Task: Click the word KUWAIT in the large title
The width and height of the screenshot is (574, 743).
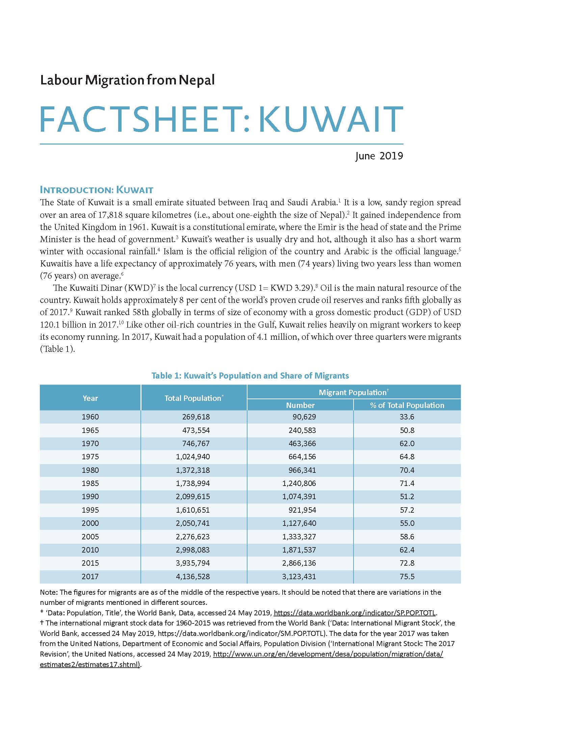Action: [331, 119]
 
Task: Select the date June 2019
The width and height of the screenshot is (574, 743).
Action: [379, 156]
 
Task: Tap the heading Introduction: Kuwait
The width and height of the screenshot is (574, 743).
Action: [97, 189]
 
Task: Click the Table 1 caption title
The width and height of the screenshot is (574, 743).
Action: [250, 376]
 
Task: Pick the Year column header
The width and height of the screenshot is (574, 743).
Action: [90, 398]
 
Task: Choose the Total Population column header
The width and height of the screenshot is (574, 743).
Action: [193, 398]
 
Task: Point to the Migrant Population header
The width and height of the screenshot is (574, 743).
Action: [353, 392]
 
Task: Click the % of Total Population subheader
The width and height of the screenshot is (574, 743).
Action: [407, 405]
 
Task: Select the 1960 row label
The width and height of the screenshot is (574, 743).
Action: [90, 417]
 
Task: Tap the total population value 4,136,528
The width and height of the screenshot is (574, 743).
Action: [193, 576]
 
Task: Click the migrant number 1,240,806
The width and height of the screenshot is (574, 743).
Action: [299, 483]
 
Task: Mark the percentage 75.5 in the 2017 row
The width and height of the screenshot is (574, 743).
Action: [407, 576]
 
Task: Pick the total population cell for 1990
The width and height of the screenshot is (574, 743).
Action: [193, 496]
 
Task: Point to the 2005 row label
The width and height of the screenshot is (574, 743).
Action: [90, 537]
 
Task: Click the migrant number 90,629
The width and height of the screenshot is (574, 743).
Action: [304, 417]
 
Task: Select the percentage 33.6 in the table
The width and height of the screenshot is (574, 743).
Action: [407, 417]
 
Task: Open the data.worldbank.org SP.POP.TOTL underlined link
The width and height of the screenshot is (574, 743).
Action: [354, 613]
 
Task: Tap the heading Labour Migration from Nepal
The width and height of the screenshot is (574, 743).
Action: [127, 80]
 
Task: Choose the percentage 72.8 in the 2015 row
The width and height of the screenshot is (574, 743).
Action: [407, 563]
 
